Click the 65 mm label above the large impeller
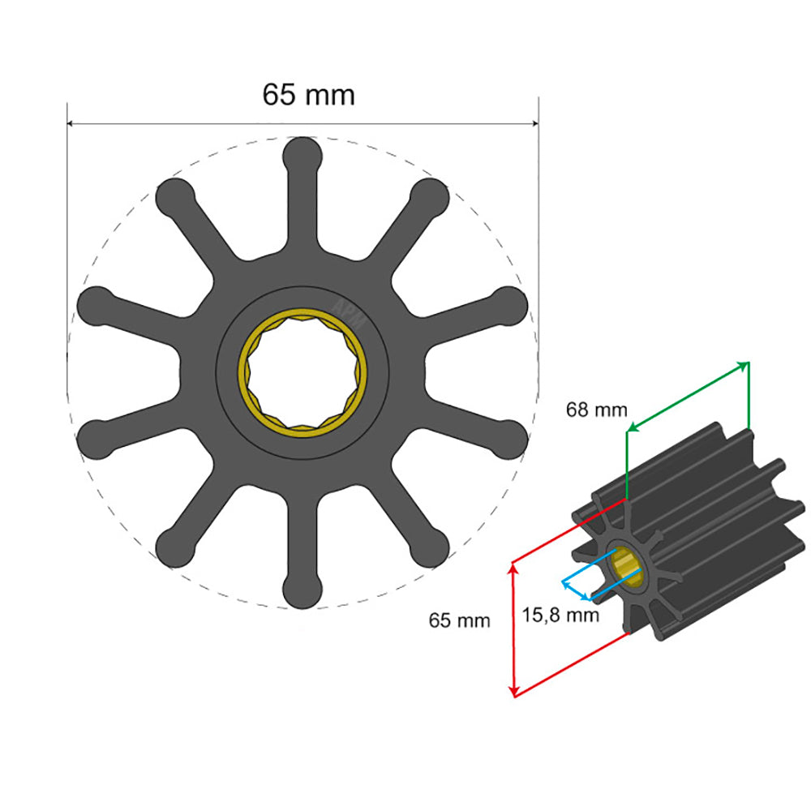tap(308, 95)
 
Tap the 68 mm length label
tap(596, 410)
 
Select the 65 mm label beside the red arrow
tap(459, 621)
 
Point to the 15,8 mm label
tap(561, 615)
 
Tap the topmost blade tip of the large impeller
tap(302, 154)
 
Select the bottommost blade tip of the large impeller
tap(302, 590)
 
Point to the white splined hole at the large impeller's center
tap(303, 372)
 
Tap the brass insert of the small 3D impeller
tap(626, 566)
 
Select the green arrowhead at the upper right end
tap(744, 367)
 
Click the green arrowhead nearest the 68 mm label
tap(632, 428)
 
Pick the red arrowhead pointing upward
tap(513, 569)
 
